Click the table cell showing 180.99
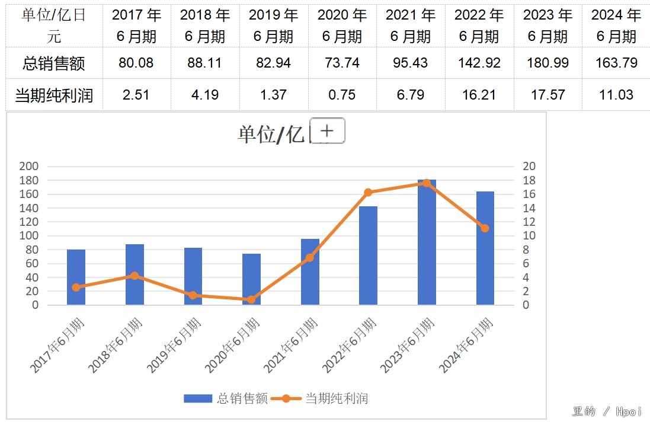click(547, 63)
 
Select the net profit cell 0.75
click(342, 95)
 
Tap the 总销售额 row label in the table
click(54, 63)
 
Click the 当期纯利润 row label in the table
click(54, 95)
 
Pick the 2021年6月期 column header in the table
click(411, 26)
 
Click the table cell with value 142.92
click(479, 63)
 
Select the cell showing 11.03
click(616, 95)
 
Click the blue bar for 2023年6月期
click(427, 243)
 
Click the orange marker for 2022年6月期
click(368, 192)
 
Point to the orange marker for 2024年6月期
click(485, 228)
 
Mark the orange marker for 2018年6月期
click(135, 276)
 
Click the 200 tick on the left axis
click(29, 167)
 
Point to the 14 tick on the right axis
click(529, 208)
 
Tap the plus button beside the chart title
click(327, 131)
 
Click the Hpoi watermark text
click(629, 411)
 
